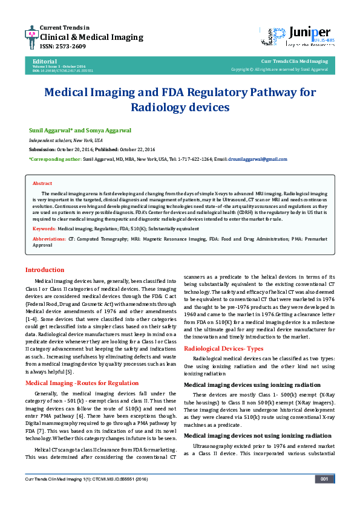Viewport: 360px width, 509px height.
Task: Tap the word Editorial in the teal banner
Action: (45, 61)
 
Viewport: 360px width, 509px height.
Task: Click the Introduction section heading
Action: (44, 270)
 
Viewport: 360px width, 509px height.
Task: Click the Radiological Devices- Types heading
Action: (223, 349)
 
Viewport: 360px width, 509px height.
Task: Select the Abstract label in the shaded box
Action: (42, 183)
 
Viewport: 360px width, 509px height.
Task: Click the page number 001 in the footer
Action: (324, 479)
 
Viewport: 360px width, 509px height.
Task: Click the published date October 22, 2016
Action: (136, 149)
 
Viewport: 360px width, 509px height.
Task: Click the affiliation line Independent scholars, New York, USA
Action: (66, 140)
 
